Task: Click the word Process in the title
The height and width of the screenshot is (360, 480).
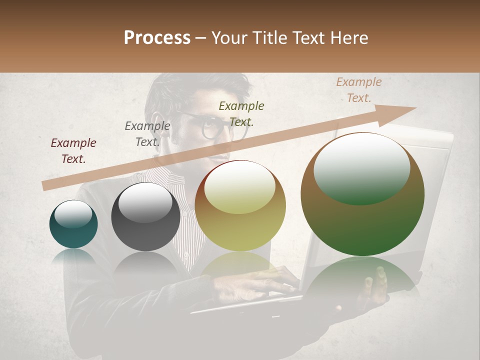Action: coord(157,38)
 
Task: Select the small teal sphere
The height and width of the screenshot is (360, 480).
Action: coord(73,224)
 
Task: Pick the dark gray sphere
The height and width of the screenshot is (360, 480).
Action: coord(145,216)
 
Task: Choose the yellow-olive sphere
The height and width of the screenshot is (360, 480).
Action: coord(240,205)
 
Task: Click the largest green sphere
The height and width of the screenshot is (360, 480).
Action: coord(362,194)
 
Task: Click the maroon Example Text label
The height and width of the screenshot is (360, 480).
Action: coord(73,150)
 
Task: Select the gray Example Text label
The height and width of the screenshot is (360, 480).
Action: coord(147,133)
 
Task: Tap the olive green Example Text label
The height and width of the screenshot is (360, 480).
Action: coord(241,113)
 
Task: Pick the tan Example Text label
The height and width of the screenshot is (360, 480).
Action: coord(358,89)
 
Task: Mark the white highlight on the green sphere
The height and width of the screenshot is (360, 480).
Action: coord(361,168)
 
